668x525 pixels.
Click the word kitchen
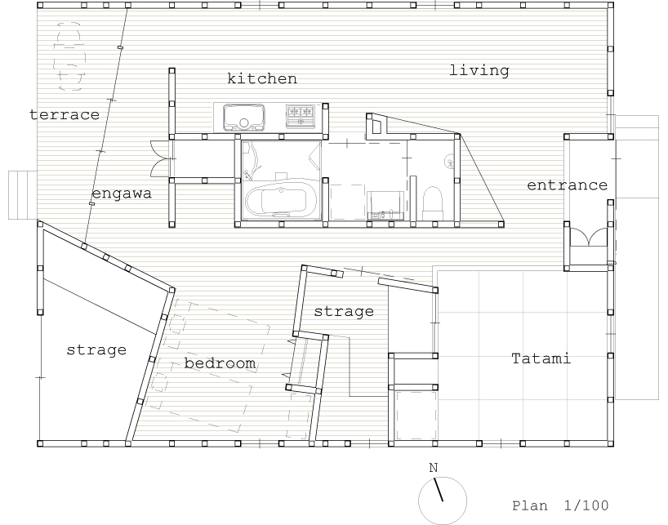[262, 78]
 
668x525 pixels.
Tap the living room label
[479, 70]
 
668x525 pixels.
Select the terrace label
[65, 114]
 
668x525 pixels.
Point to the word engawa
[122, 194]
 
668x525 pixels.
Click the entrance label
[567, 185]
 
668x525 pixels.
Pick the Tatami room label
[541, 358]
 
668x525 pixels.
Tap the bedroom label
[220, 363]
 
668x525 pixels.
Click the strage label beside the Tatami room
[344, 311]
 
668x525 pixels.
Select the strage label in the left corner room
[96, 350]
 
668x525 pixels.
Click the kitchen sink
[243, 118]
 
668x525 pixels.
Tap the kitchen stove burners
[301, 115]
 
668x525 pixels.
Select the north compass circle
[443, 501]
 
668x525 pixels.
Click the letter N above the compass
[434, 468]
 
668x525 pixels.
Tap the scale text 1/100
[586, 505]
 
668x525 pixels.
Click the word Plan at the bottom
[529, 506]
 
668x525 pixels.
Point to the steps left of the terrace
[23, 195]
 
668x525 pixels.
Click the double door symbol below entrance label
[589, 237]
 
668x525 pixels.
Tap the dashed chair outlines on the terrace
[69, 56]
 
